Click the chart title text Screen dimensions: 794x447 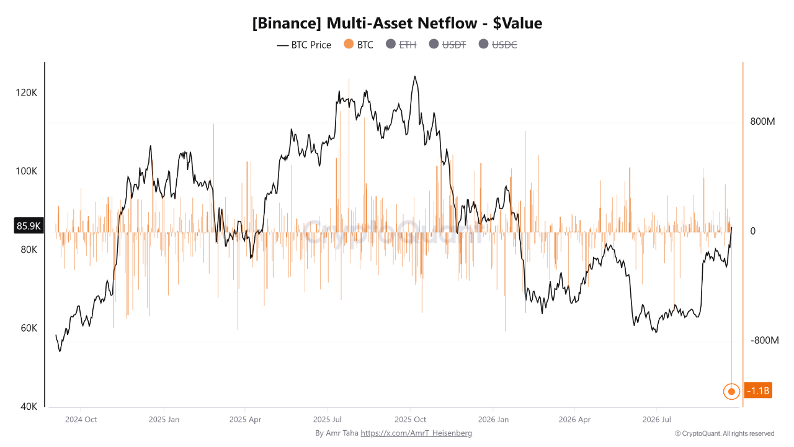pyautogui.click(x=397, y=24)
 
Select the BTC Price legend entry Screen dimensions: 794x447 pyautogui.click(x=304, y=45)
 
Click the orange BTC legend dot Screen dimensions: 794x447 pyautogui.click(x=349, y=44)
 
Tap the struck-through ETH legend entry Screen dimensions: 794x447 pyautogui.click(x=401, y=45)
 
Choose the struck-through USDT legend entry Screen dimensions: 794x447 pyautogui.click(x=447, y=45)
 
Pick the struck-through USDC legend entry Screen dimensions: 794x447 pyautogui.click(x=497, y=45)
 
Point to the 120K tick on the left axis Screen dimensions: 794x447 pyautogui.click(x=26, y=93)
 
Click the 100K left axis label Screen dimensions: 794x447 pyautogui.click(x=26, y=171)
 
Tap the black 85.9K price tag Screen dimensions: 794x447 pyautogui.click(x=29, y=225)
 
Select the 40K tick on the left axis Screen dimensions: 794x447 pyautogui.click(x=29, y=407)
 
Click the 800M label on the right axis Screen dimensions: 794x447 pyautogui.click(x=762, y=122)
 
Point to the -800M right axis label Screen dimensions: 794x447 pyautogui.click(x=765, y=341)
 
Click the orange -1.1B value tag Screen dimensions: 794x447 pyautogui.click(x=758, y=391)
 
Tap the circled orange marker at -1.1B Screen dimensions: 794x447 pyautogui.click(x=731, y=392)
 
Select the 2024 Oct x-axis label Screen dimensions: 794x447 pyautogui.click(x=81, y=420)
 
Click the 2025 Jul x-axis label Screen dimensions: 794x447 pyautogui.click(x=327, y=420)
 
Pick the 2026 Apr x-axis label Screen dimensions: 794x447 pyautogui.click(x=574, y=420)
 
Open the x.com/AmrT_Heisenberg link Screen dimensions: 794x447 pyautogui.click(x=416, y=433)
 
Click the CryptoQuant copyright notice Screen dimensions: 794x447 pyautogui.click(x=725, y=433)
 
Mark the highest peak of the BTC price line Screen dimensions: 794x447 pyautogui.click(x=415, y=76)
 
